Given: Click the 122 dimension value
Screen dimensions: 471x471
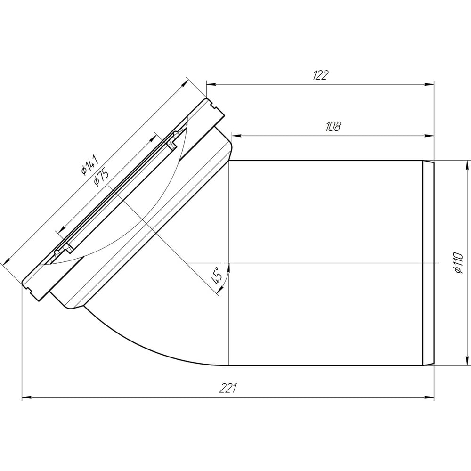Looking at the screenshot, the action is coord(321,75).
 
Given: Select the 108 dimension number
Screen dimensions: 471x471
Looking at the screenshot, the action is coord(333,127).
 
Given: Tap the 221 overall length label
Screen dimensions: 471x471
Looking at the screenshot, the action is coord(228,388).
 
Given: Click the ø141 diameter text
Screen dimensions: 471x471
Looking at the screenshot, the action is coord(90,165).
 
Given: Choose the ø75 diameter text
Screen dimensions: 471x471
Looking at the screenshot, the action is coord(101,177).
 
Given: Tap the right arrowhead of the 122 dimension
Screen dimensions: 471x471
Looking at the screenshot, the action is coord(430,84).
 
